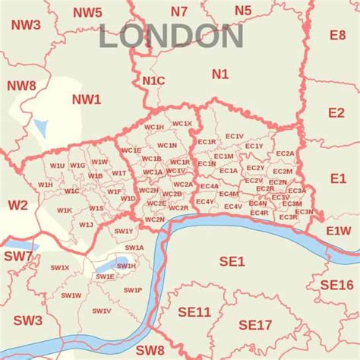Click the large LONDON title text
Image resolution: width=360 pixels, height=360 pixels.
pos(172,36)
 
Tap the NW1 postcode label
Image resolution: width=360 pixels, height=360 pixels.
pos(86,99)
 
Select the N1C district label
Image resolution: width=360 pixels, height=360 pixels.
pos(153,80)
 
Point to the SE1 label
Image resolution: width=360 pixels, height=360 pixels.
pos(232,261)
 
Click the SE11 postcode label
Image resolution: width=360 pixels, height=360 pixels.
pos(194,312)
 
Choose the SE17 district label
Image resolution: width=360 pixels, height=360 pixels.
pos(255,324)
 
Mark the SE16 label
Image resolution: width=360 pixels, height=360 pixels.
pos(336,284)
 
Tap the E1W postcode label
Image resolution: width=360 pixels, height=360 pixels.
pos(339,230)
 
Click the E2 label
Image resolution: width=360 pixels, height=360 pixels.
pos(336,112)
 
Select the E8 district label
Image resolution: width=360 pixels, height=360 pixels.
pos(337,35)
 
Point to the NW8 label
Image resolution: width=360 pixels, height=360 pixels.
pos(21,86)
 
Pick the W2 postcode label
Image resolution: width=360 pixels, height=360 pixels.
pos(17,205)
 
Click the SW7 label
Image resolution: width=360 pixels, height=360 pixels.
pos(18,257)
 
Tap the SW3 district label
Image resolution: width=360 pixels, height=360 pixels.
pos(27,321)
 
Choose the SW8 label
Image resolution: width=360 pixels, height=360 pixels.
pos(150,349)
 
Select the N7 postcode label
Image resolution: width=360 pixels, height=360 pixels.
pos(179,11)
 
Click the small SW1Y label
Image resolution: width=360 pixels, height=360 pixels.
pos(124,231)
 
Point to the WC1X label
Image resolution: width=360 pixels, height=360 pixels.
pos(182,123)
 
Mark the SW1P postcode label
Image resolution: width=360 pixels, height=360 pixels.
pos(133,290)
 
